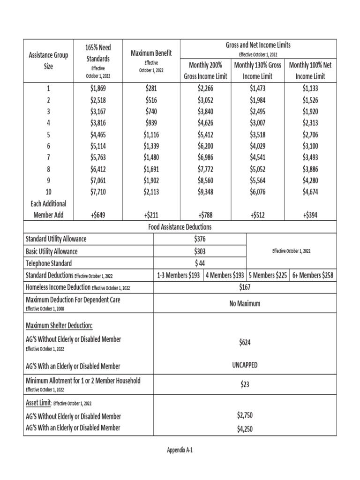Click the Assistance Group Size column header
coord(49,61)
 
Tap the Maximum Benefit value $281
coord(151,89)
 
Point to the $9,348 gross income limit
coord(206,191)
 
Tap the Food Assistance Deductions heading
coord(180,227)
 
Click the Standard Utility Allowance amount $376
coord(200,239)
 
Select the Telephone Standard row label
coord(49,263)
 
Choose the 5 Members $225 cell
coord(268,276)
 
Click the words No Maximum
coord(244,303)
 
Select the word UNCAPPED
coord(244,365)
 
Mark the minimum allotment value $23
coord(244,384)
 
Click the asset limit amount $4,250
coord(244,428)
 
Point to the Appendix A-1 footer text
coord(180,450)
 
